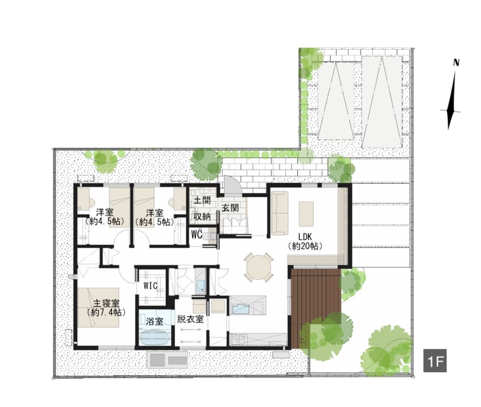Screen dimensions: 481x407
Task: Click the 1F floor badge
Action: (435, 361)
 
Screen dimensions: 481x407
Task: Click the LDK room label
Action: (305, 237)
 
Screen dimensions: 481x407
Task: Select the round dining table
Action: (259, 267)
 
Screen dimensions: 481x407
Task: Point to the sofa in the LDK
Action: (279, 213)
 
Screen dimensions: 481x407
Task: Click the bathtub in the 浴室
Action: (155, 338)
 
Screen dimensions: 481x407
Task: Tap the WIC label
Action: (150, 286)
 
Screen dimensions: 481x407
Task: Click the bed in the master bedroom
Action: (98, 308)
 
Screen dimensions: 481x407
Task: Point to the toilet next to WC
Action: (210, 237)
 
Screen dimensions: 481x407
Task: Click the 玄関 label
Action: (230, 207)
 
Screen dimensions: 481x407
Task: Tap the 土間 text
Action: (202, 201)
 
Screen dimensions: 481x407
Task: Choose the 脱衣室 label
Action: (190, 319)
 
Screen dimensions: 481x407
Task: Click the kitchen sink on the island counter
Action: (241, 308)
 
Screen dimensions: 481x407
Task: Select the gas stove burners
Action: (238, 340)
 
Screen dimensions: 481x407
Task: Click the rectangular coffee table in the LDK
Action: (306, 214)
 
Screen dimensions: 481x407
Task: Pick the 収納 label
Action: (202, 217)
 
